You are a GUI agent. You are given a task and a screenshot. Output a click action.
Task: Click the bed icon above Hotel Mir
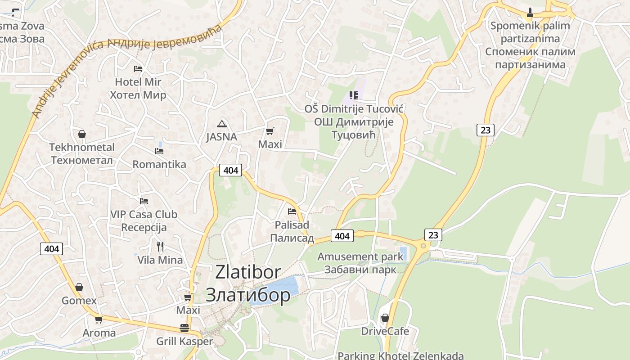[x=138, y=69]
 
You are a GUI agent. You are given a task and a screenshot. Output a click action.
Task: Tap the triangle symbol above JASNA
[x=221, y=123]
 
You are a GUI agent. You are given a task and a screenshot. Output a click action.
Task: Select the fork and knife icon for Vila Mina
[x=160, y=246]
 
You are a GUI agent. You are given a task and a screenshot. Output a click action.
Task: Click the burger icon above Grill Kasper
[x=184, y=328]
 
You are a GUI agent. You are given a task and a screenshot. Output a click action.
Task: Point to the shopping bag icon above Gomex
[x=79, y=287]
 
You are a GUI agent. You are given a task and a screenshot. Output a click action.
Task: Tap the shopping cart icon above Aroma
[x=99, y=319]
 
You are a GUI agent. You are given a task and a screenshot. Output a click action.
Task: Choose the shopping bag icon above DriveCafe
[x=385, y=318]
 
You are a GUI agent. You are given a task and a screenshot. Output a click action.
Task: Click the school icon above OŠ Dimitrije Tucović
[x=354, y=95]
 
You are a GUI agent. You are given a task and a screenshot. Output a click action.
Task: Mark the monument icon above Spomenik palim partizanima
[x=530, y=12]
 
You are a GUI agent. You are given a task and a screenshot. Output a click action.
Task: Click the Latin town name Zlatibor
[x=248, y=272]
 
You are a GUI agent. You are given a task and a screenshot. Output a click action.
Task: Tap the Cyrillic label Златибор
[x=248, y=295]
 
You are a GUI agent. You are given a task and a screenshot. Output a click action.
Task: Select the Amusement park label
[x=360, y=257]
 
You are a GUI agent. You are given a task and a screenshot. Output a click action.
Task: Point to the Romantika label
[x=159, y=164]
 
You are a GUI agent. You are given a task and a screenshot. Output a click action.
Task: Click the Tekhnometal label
[x=82, y=147]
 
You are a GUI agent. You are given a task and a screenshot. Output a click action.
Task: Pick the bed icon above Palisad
[x=292, y=211]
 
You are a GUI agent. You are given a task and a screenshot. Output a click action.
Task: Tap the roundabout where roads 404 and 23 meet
[x=423, y=246]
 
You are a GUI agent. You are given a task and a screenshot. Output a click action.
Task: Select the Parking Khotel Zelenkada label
[x=400, y=355]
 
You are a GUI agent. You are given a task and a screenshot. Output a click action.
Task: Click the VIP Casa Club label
[x=144, y=215]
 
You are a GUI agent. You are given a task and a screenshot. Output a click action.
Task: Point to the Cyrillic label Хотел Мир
[x=138, y=95]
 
